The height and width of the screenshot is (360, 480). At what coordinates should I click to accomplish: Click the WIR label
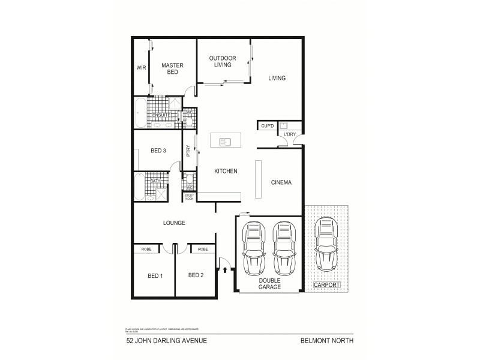tap(141, 68)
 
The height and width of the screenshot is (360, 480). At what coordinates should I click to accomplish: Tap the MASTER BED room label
tap(172, 68)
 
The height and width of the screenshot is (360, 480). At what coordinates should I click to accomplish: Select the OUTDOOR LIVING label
tap(222, 61)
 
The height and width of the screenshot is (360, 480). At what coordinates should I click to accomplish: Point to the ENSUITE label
tap(161, 115)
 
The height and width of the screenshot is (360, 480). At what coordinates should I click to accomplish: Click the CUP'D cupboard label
tap(267, 126)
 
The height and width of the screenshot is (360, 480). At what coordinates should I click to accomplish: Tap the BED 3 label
tap(157, 151)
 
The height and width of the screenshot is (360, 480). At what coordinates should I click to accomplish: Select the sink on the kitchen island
tap(226, 142)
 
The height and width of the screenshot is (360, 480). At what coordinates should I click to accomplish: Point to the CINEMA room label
tap(281, 183)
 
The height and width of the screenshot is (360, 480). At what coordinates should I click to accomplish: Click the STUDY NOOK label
tap(189, 196)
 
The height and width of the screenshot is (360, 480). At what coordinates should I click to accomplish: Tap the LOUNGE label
tap(173, 223)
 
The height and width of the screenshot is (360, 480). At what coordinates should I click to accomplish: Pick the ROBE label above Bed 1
tap(145, 248)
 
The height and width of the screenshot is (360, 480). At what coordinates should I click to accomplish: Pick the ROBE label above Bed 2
tap(202, 248)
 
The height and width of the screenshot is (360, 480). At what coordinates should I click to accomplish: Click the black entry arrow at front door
tap(225, 270)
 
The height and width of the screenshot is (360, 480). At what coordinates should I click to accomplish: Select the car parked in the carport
tap(326, 244)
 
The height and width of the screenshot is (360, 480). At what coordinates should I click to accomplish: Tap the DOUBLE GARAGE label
tap(269, 284)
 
